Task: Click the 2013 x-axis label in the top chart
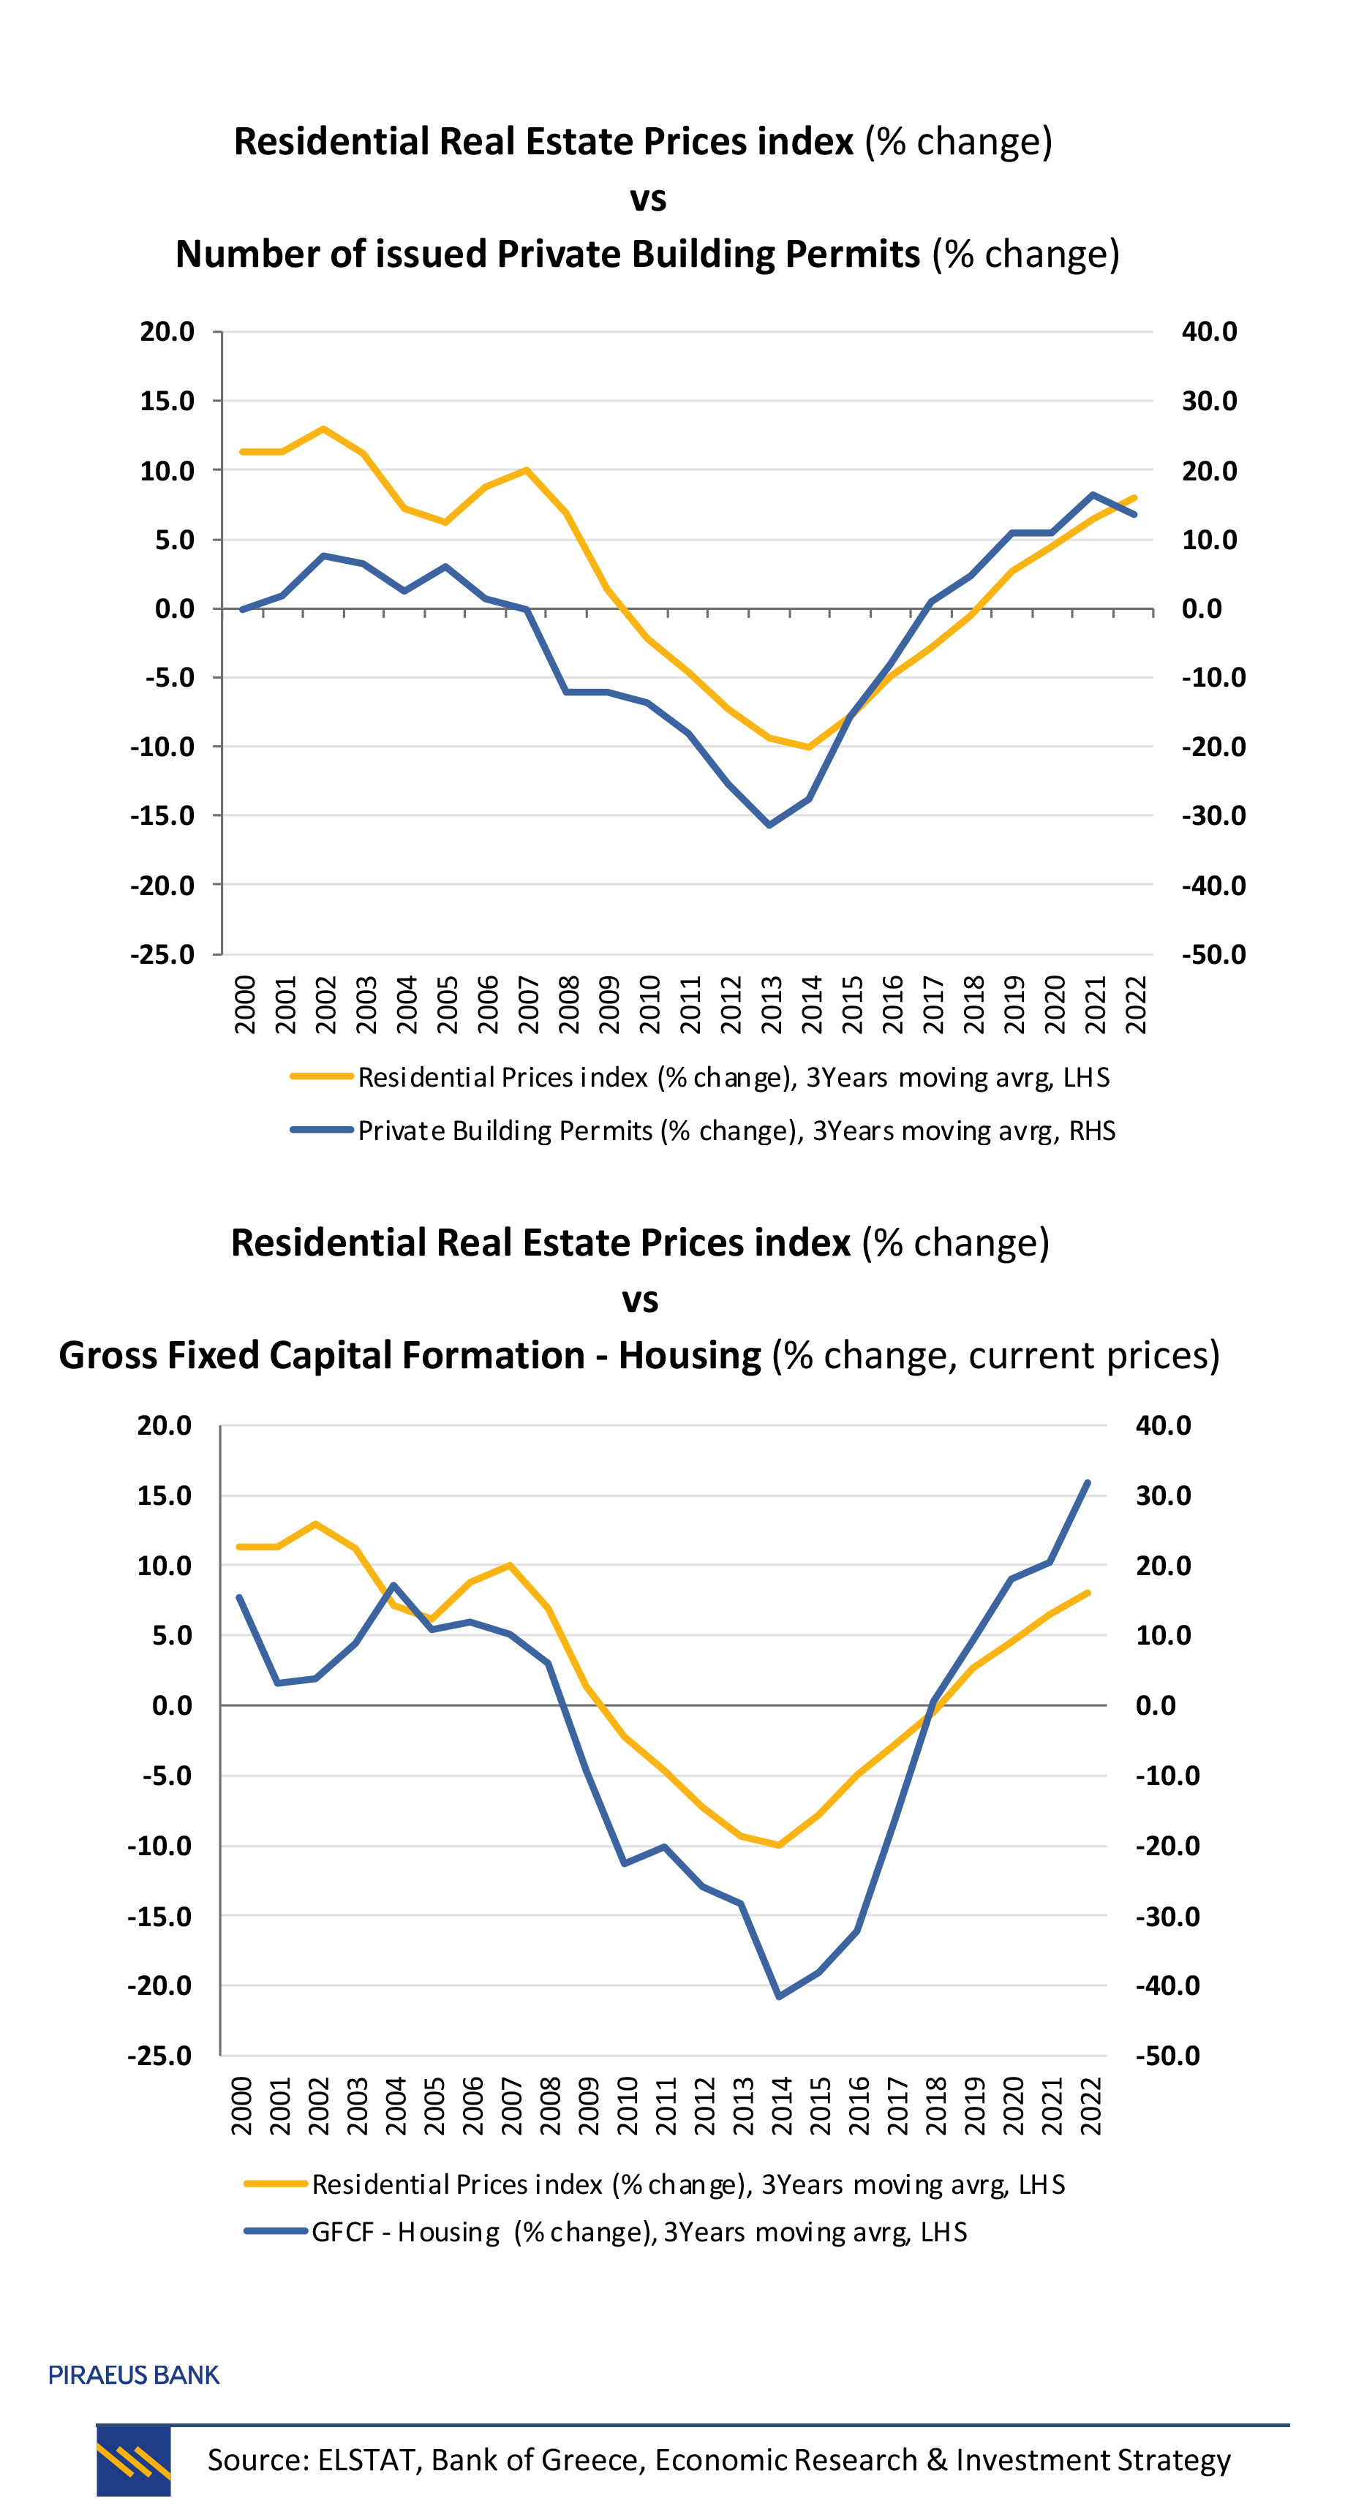[772, 1004]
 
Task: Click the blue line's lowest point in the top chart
[769, 825]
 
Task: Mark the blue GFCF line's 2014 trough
[780, 1996]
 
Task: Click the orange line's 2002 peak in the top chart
[323, 429]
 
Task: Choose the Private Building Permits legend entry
[736, 1131]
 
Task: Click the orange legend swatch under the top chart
[322, 1076]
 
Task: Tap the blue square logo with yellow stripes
[133, 2460]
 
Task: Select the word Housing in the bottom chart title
[690, 1356]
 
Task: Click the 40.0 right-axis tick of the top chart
[1209, 332]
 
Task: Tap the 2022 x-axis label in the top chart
[1136, 1004]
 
